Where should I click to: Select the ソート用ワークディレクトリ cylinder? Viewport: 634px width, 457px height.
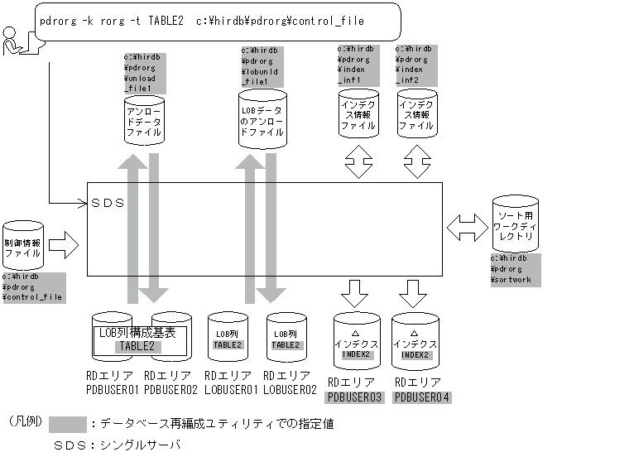pos(515,224)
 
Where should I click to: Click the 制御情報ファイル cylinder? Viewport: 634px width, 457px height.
pos(23,245)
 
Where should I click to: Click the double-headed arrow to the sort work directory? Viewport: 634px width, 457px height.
pos(466,224)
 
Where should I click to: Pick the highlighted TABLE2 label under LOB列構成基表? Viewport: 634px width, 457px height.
pos(137,345)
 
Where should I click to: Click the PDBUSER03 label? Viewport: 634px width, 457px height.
pos(354,397)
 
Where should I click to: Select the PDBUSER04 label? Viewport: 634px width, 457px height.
pos(422,397)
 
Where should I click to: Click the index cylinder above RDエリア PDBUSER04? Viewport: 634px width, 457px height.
pos(415,339)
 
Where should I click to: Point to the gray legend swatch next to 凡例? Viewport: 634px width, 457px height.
pos(67,423)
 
